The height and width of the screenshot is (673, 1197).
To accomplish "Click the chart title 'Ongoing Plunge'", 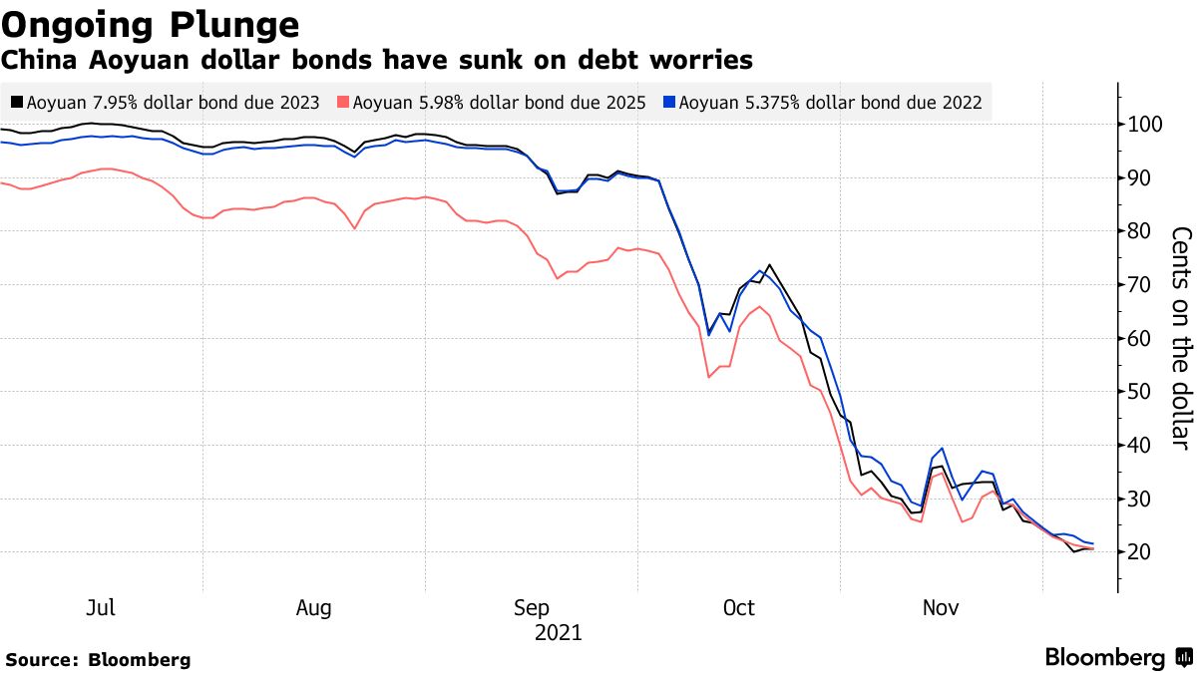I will click(150, 24).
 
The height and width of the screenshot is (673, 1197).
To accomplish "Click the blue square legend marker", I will click(670, 102).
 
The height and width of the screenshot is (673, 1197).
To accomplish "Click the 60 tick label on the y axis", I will click(1139, 338).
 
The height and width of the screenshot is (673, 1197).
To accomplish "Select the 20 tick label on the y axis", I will click(1139, 552).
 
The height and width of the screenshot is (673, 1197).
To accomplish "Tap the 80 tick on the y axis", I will click(1139, 231).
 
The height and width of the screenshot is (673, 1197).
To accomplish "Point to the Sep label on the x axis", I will click(532, 607).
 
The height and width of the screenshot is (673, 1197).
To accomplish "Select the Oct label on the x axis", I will click(738, 607).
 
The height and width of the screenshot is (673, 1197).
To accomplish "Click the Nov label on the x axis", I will click(942, 607).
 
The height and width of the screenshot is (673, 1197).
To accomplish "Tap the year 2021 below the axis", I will click(558, 632).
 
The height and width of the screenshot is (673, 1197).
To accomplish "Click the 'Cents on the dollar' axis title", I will click(1181, 338).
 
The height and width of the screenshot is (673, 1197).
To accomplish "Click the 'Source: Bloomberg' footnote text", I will click(98, 659).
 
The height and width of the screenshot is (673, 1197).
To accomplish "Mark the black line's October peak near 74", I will click(768, 265).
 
